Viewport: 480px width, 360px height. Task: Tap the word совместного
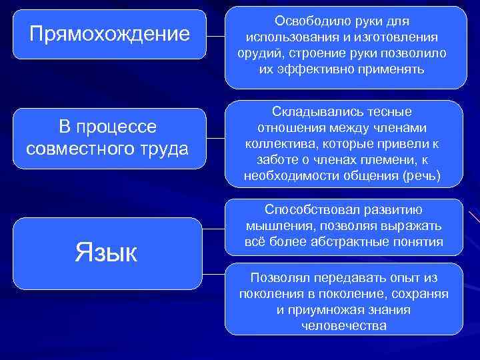(76, 149)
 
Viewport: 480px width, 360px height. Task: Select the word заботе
(278, 160)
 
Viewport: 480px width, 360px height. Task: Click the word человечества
(344, 326)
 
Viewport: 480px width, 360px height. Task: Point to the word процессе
(117, 127)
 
